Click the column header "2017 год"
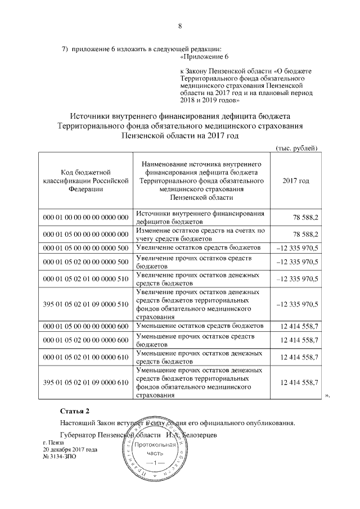(296, 181)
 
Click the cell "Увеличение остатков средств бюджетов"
(199, 247)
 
